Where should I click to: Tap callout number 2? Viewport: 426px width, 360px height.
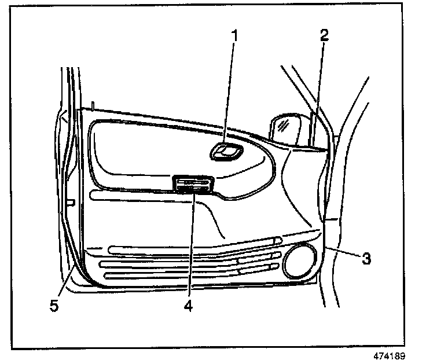click(x=324, y=35)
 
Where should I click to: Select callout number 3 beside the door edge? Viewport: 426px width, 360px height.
click(x=365, y=258)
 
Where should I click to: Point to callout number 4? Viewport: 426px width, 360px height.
click(x=188, y=304)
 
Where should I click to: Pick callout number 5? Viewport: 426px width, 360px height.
click(x=54, y=305)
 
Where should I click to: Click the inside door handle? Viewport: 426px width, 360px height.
click(x=226, y=152)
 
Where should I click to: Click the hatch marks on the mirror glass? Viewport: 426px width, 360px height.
click(x=283, y=123)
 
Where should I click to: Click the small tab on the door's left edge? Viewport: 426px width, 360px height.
click(x=71, y=203)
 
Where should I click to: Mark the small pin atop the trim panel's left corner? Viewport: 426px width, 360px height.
click(x=93, y=106)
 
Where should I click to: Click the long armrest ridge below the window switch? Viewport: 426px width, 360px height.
click(x=145, y=198)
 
